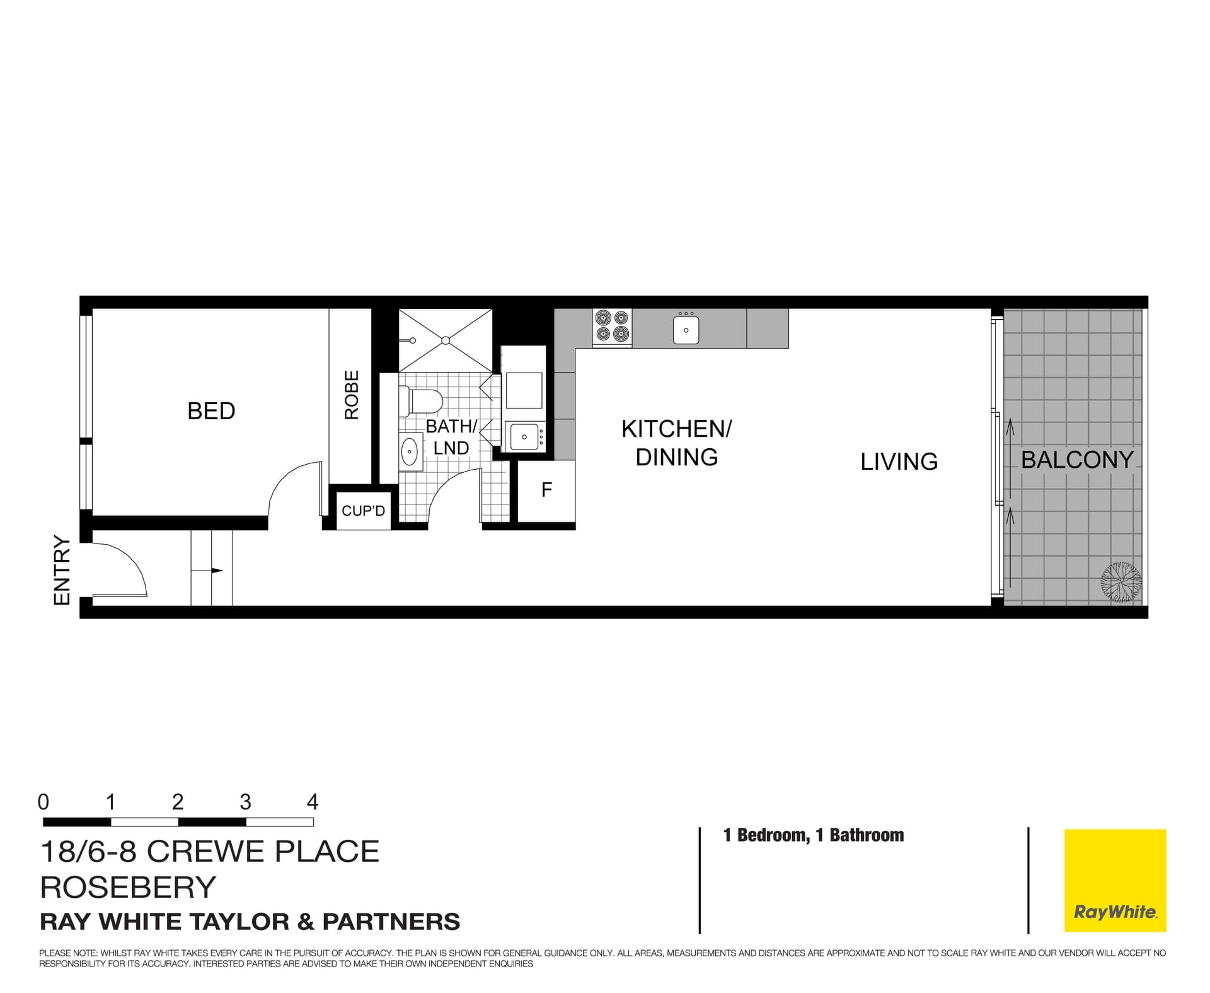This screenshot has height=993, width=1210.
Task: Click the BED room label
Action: (x=211, y=411)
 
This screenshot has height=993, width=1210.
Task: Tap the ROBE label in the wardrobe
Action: (x=352, y=395)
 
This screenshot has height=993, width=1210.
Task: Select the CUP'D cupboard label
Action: (x=363, y=511)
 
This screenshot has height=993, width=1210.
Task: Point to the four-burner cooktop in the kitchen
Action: (x=612, y=327)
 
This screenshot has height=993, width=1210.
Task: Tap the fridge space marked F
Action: (x=546, y=490)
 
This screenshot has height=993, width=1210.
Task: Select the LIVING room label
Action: (x=899, y=462)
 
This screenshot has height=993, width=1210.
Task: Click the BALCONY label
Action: (x=1077, y=460)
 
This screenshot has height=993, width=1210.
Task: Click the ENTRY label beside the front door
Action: (x=62, y=570)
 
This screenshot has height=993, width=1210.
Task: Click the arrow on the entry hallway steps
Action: (x=216, y=571)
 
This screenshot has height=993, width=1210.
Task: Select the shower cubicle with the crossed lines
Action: (x=445, y=340)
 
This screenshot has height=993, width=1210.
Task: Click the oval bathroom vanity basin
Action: (x=410, y=451)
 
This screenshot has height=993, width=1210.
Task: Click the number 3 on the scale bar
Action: (x=245, y=802)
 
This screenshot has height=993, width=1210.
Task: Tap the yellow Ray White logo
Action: (x=1115, y=880)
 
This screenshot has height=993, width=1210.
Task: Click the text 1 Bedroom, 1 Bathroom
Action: (x=813, y=835)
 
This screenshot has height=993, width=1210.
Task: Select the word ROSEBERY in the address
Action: (x=128, y=887)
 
